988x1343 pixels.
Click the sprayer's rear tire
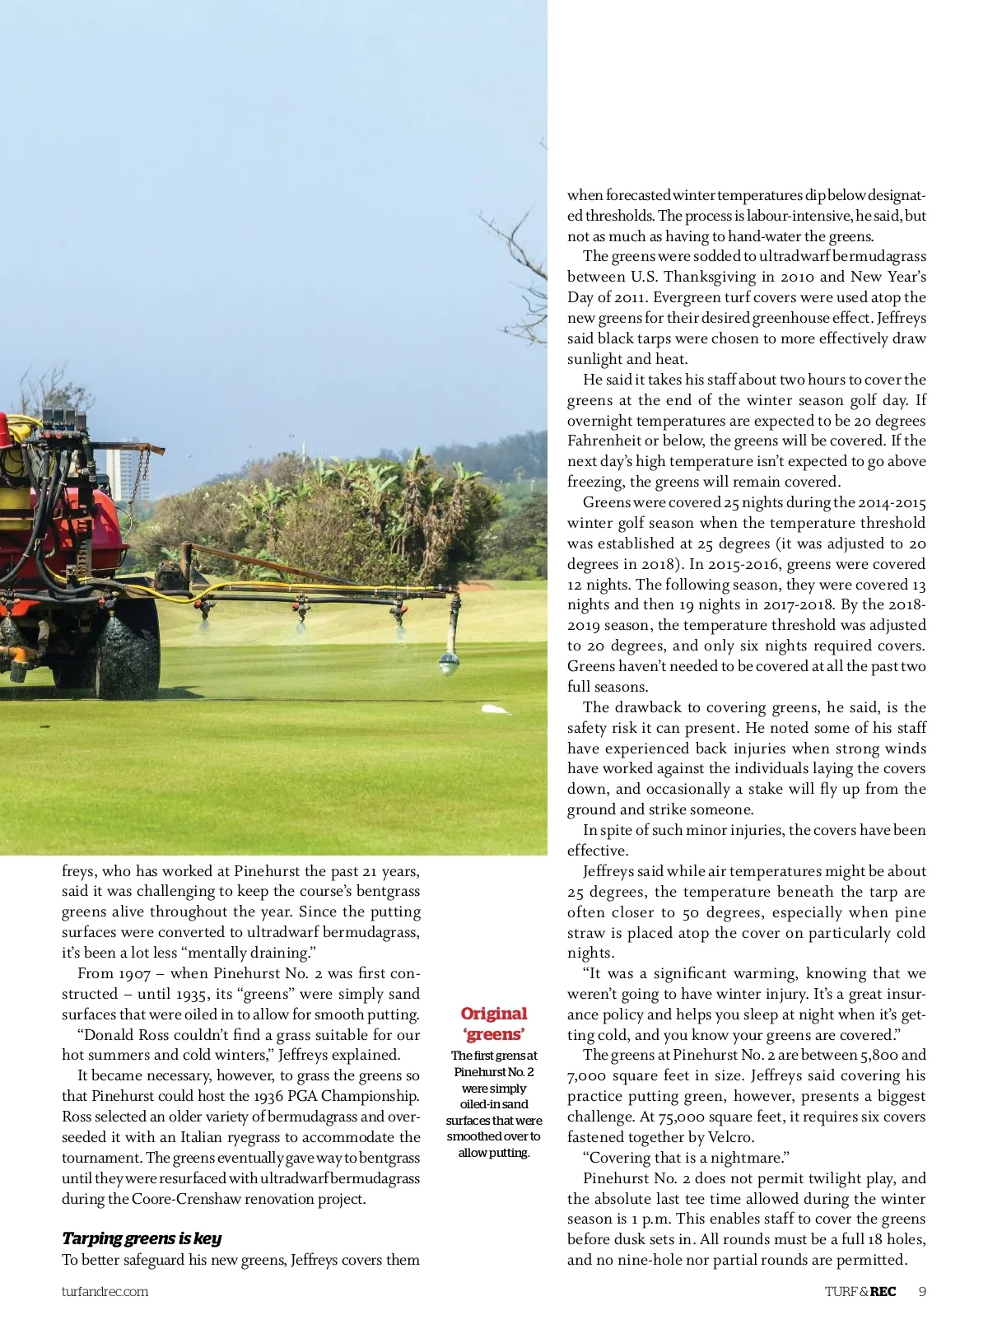click(128, 651)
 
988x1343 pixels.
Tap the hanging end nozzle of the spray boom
click(450, 659)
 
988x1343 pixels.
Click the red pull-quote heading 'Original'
click(494, 1014)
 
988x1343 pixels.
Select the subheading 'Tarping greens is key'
click(142, 1238)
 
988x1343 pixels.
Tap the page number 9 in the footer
click(922, 1291)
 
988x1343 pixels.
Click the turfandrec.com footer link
click(105, 1291)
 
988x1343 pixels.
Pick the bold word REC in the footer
click(883, 1291)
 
